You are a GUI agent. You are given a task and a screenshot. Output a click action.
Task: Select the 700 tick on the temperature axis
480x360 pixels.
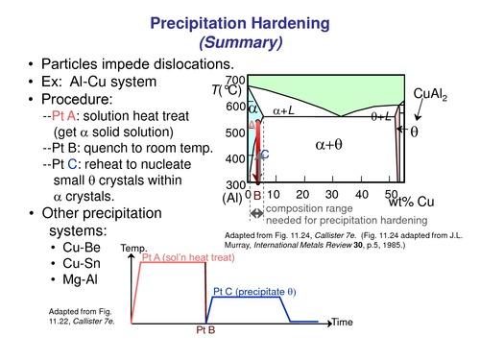pos(236,81)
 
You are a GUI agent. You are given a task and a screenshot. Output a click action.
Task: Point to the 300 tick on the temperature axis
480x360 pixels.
pos(236,184)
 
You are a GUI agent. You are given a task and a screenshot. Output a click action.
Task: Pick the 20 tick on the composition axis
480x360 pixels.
pos(303,195)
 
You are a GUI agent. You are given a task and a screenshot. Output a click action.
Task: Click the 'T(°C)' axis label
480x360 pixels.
pos(228,92)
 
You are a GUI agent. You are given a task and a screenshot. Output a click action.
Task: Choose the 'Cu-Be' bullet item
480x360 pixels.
pos(66,249)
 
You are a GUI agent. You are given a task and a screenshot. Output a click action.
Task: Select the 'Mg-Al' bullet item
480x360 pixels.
pos(66,279)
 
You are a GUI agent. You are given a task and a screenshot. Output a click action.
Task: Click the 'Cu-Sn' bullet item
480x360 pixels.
pos(66,264)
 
